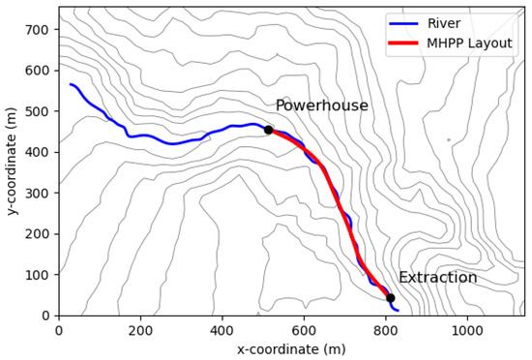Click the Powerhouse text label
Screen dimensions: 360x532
click(x=321, y=105)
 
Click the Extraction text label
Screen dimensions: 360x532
click(x=437, y=278)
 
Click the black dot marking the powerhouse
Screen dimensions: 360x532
click(x=268, y=130)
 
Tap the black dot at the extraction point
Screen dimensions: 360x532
click(x=390, y=298)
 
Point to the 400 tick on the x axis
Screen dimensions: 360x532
click(x=222, y=315)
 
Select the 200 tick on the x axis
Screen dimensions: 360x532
click(x=140, y=315)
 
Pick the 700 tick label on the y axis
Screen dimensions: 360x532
click(x=38, y=30)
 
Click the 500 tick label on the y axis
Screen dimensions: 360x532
click(x=38, y=111)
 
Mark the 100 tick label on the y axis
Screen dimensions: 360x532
click(x=38, y=275)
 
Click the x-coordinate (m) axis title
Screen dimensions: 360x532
click(x=292, y=348)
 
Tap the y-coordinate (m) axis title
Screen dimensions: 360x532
click(x=12, y=160)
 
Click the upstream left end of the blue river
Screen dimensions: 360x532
click(x=70, y=84)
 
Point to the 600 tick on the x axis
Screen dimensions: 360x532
click(x=304, y=315)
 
